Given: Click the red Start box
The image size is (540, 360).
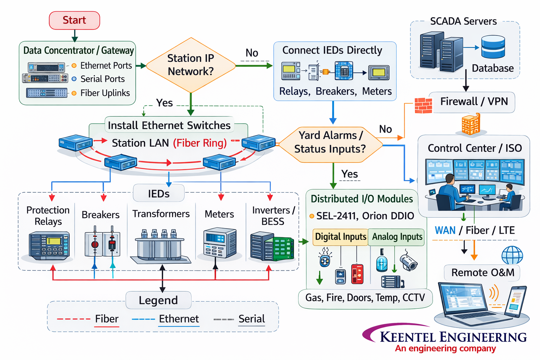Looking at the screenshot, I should [75, 20].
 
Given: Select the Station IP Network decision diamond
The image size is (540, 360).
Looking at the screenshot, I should [191, 65].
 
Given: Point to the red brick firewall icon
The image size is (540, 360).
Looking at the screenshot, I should [423, 105].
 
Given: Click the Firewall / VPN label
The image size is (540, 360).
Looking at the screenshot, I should [474, 102].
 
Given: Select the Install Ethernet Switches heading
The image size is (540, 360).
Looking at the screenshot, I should [169, 126].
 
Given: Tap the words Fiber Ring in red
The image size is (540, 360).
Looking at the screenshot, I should [200, 143].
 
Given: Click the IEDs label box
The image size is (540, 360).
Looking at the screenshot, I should [159, 194].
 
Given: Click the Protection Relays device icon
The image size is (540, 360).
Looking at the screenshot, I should [49, 246].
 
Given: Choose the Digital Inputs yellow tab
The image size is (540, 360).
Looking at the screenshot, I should [340, 237].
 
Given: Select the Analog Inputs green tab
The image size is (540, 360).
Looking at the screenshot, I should [397, 237].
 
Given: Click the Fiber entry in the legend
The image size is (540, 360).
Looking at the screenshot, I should [107, 319].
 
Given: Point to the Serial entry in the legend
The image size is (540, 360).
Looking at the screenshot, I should [251, 319].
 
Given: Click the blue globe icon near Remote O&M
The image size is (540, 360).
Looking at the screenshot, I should [512, 255].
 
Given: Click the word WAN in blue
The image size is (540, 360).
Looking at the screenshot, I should [445, 231].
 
